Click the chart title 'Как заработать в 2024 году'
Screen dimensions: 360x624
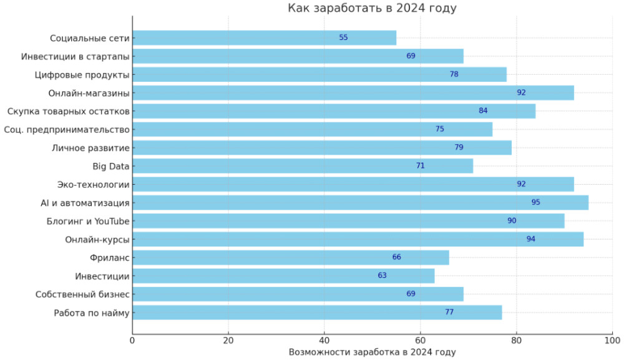click(372, 8)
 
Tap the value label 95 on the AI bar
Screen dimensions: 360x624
click(536, 202)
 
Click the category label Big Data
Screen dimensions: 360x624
click(110, 166)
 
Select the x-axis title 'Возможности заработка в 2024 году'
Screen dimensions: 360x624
click(372, 353)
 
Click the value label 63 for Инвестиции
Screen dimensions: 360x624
click(383, 275)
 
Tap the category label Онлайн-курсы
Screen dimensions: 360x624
click(97, 239)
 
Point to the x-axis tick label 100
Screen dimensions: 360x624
click(612, 340)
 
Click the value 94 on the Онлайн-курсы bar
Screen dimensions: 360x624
click(531, 239)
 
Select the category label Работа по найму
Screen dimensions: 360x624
click(92, 312)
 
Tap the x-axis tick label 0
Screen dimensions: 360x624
click(132, 340)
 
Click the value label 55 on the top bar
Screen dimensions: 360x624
click(344, 37)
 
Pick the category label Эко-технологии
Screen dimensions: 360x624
click(93, 184)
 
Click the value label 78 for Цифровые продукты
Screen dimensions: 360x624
click(454, 74)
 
